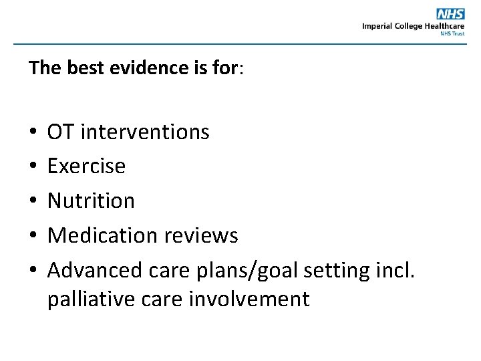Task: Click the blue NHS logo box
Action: pyautogui.click(x=450, y=14)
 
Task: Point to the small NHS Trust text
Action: pyautogui.click(x=452, y=33)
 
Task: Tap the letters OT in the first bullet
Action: pyautogui.click(x=61, y=132)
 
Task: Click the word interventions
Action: pyautogui.click(x=145, y=132)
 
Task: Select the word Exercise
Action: pyautogui.click(x=86, y=166)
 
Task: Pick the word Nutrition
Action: pyautogui.click(x=91, y=201)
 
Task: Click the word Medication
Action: pyautogui.click(x=100, y=235)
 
